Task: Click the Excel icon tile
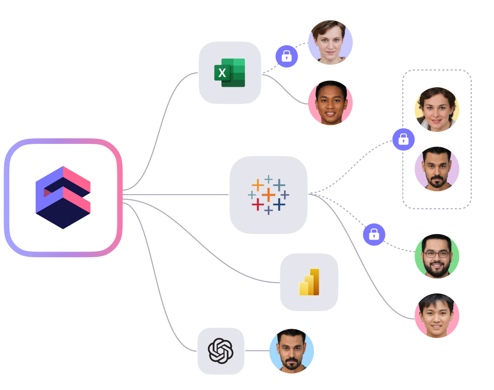pyautogui.click(x=230, y=72)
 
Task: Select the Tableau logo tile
pyautogui.click(x=268, y=195)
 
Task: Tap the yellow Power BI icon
pyautogui.click(x=309, y=282)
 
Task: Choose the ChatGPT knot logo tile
pyautogui.click(x=221, y=351)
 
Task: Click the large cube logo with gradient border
pyautogui.click(x=63, y=197)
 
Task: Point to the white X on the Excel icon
pyautogui.click(x=222, y=73)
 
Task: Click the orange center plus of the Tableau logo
pyautogui.click(x=268, y=195)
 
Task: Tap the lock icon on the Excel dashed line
pyautogui.click(x=286, y=56)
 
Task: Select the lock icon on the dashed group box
pyautogui.click(x=403, y=139)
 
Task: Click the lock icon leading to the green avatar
pyautogui.click(x=374, y=234)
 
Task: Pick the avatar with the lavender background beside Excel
pyautogui.click(x=330, y=42)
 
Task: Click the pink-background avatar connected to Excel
pyautogui.click(x=330, y=103)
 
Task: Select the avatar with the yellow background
pyautogui.click(x=436, y=110)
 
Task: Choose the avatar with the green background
pyautogui.click(x=436, y=256)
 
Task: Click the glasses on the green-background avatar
pyautogui.click(x=436, y=254)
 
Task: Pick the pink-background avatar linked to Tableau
pyautogui.click(x=436, y=316)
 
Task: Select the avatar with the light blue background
pyautogui.click(x=292, y=351)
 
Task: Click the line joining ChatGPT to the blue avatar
pyautogui.click(x=257, y=351)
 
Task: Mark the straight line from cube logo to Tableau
pyautogui.click(x=176, y=195)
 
